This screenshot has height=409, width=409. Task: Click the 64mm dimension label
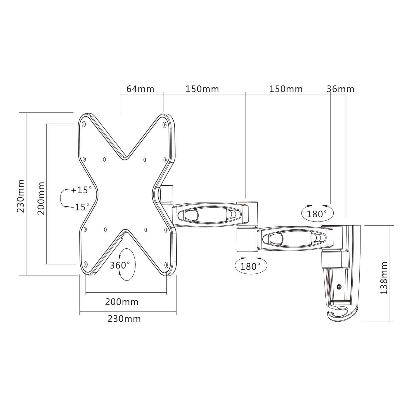[x=140, y=89]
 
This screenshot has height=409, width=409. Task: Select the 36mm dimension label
[x=340, y=89]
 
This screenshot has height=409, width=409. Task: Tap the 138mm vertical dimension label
[x=384, y=278]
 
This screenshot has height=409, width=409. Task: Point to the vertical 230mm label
[x=21, y=196]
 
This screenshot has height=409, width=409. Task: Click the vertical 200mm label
[x=41, y=198]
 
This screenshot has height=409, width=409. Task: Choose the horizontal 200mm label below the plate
[x=122, y=301]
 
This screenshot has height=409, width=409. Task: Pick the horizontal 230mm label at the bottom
[x=124, y=318]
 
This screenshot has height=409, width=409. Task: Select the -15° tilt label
[x=80, y=207]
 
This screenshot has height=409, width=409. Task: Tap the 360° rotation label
[x=120, y=265]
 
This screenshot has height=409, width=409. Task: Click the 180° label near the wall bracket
[x=317, y=214]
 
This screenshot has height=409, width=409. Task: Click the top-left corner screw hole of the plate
[x=84, y=124]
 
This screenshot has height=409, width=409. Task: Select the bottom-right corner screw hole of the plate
[x=166, y=265]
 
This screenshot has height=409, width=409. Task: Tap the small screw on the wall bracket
[x=339, y=287]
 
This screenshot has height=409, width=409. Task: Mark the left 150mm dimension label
[x=202, y=89]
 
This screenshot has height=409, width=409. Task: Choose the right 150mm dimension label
[x=286, y=89]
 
